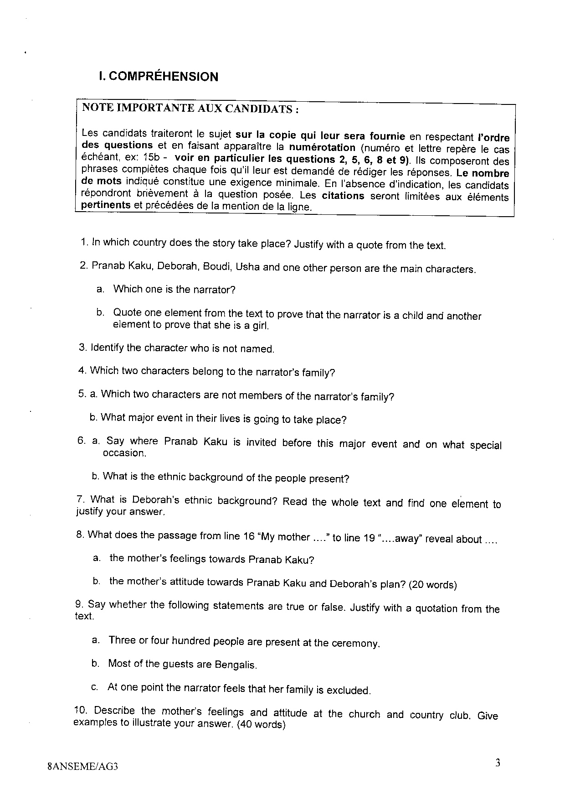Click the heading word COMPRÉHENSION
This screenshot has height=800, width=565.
click(164, 77)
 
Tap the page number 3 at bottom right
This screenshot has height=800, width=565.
click(498, 763)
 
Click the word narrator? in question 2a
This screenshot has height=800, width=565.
click(213, 290)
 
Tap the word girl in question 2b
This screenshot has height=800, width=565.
click(261, 326)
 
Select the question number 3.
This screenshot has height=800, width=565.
click(82, 348)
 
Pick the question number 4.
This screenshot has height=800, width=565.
click(82, 370)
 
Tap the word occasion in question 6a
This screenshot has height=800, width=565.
click(124, 453)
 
